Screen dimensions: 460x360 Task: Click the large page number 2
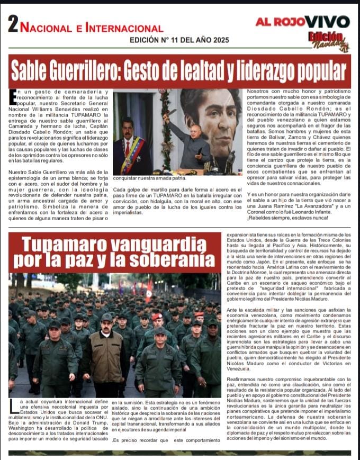pos(13,25)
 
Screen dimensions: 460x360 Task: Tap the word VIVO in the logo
pos(330,22)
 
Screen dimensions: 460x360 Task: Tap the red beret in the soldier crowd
pos(157,316)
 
